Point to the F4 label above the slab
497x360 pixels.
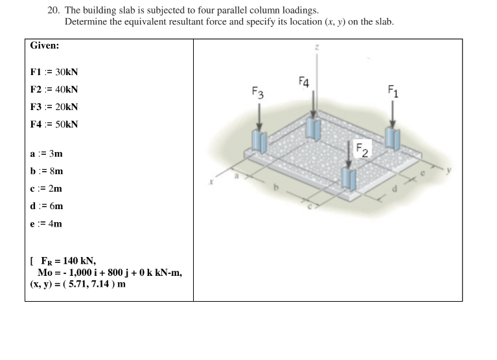(x=304, y=82)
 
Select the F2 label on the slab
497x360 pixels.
(x=361, y=151)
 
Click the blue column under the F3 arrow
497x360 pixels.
(x=260, y=141)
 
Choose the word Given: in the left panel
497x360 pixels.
(x=45, y=46)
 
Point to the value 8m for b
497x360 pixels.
(x=56, y=172)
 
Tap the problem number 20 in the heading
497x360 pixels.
(x=53, y=10)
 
